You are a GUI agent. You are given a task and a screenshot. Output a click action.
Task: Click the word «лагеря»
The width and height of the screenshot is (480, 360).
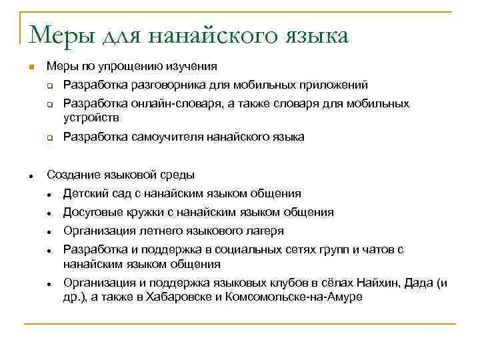(263, 231)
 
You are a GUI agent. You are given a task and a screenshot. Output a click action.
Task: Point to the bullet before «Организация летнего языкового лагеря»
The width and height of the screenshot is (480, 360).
(50, 232)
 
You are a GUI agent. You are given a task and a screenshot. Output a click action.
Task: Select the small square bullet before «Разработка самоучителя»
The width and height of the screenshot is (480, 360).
(50, 138)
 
